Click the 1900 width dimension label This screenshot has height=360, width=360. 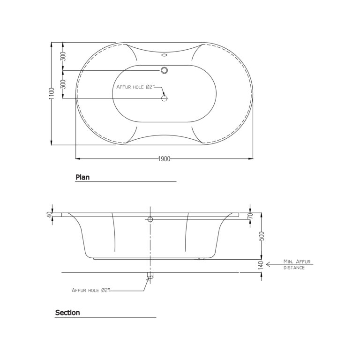point(164,159)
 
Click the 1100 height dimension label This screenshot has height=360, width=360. point(52,93)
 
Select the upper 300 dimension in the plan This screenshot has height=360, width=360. point(63,56)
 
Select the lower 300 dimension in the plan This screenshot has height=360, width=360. point(63,84)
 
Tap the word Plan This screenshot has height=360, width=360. point(82,177)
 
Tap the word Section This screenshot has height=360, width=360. point(67,313)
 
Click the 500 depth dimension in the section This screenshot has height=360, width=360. point(262,236)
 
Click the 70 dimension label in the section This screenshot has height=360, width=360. point(250,216)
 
